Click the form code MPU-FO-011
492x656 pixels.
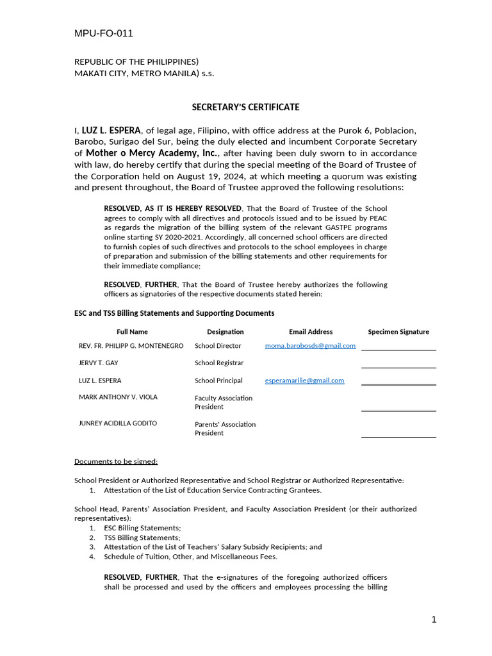[x=104, y=33]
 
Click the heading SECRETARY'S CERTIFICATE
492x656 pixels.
[x=246, y=107]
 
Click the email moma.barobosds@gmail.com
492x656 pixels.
[x=310, y=345]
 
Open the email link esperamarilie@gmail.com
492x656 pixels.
[x=304, y=380]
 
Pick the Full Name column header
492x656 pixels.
[x=132, y=332]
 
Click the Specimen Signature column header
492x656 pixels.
[x=398, y=332]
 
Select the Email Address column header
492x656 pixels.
[x=311, y=332]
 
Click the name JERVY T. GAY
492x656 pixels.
[x=99, y=363]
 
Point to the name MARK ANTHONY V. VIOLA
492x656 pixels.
[x=118, y=397]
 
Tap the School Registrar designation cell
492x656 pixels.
[x=219, y=363]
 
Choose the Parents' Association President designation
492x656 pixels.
[x=225, y=429]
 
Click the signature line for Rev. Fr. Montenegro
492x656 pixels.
[x=398, y=349]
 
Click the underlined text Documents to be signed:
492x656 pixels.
[x=116, y=461]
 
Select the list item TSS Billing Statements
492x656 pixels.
[x=142, y=537]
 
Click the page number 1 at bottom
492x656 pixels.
[x=434, y=619]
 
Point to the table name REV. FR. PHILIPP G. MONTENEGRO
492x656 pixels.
[x=131, y=345]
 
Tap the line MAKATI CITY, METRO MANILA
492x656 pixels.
[x=144, y=73]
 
